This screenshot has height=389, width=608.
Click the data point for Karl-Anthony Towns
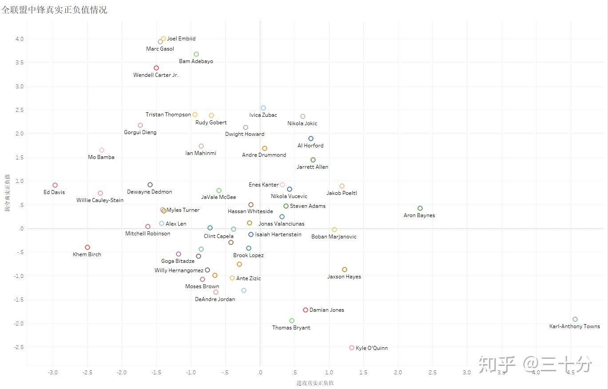575,319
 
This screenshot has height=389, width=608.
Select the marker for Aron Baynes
420,209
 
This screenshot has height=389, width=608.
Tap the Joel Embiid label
181,39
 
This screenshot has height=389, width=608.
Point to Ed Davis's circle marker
55,185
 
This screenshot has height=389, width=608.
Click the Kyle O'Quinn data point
352,348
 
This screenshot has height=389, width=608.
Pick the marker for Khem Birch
87,247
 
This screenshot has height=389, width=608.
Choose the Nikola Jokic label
302,123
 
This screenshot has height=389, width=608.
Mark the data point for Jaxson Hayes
345,270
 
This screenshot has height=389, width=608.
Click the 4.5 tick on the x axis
571,373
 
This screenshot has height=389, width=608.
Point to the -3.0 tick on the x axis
53,373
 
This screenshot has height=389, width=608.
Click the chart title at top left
54,10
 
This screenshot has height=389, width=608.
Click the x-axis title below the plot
315,383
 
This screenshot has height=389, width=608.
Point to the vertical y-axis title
7,193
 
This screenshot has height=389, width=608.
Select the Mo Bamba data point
102,150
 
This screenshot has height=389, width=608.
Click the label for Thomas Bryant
291,328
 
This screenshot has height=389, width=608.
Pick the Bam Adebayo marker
196,54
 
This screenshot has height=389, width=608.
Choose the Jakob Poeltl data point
342,186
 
